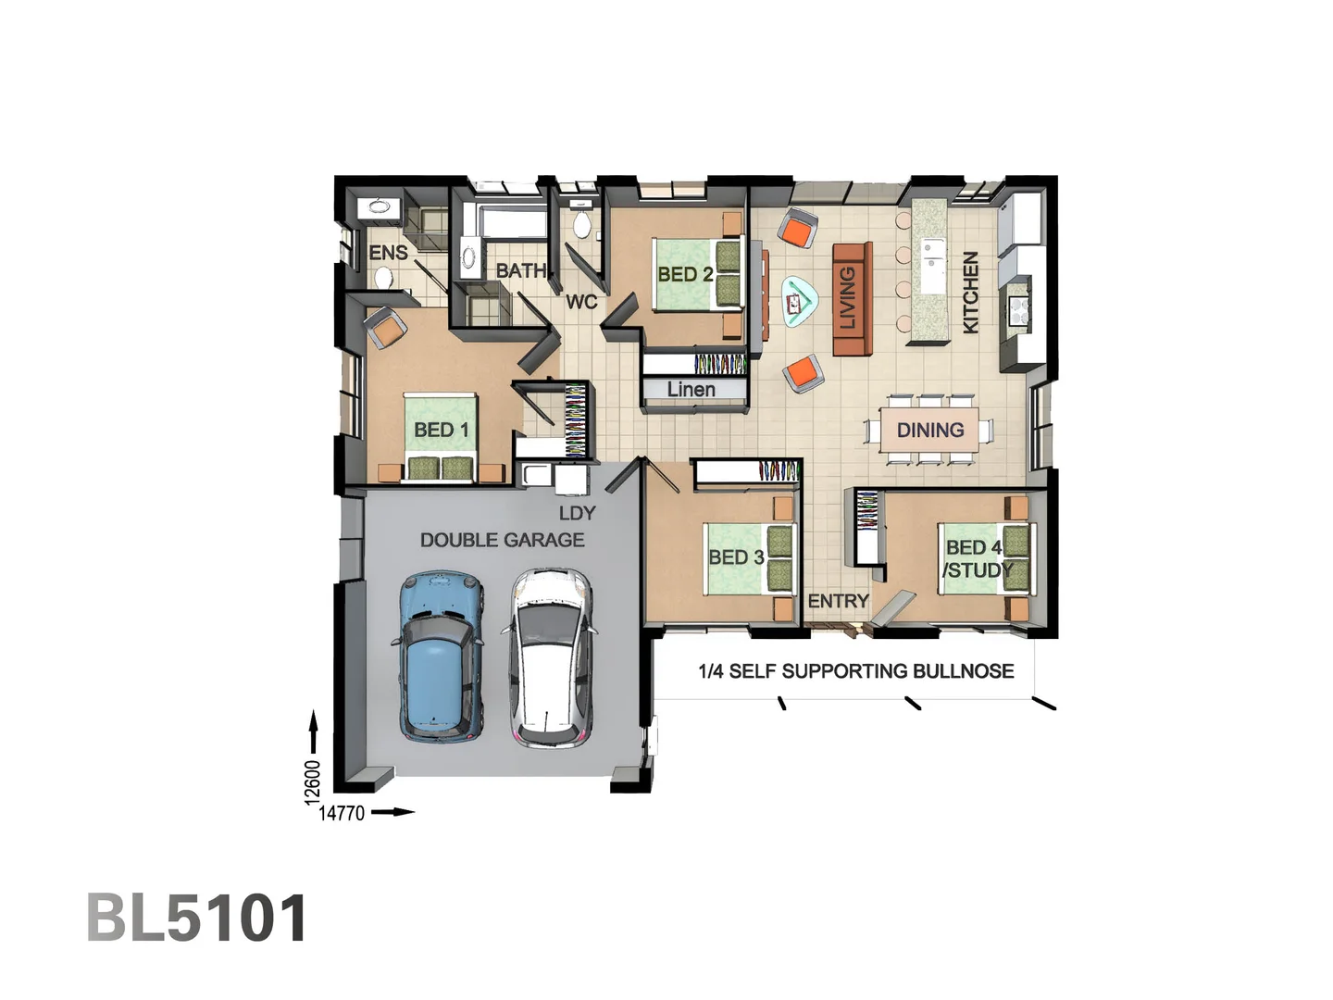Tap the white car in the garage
(550, 657)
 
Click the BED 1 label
(441, 430)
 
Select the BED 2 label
(685, 274)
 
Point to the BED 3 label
(736, 557)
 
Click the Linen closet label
(691, 390)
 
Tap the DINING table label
(930, 431)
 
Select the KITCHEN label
(970, 293)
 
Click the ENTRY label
(838, 602)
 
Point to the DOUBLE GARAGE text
(502, 540)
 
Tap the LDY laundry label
(577, 513)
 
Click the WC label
(581, 302)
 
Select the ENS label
(388, 253)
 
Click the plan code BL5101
(197, 919)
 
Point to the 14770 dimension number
(342, 814)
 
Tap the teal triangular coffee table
(797, 301)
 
